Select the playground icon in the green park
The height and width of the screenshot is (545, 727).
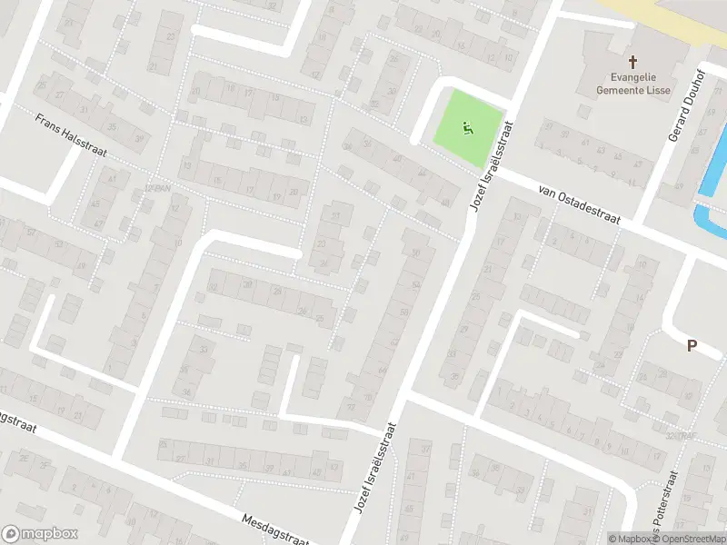tap(468, 130)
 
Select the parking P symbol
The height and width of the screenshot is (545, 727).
tap(692, 345)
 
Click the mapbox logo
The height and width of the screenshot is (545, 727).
tap(40, 534)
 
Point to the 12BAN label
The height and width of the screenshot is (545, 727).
tap(157, 187)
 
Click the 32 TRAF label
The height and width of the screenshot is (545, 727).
tap(676, 436)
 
